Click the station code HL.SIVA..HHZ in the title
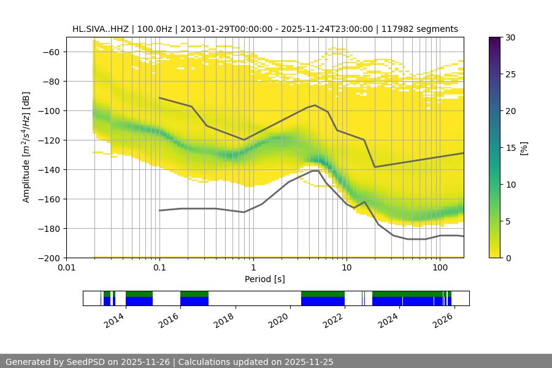(101, 29)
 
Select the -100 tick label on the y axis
(51, 110)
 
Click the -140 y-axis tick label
(51, 169)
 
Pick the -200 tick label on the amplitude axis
(51, 258)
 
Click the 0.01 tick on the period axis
(66, 268)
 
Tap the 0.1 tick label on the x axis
(159, 268)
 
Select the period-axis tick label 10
(346, 268)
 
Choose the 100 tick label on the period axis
(439, 268)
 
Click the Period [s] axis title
(265, 279)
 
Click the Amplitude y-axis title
(26, 147)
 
